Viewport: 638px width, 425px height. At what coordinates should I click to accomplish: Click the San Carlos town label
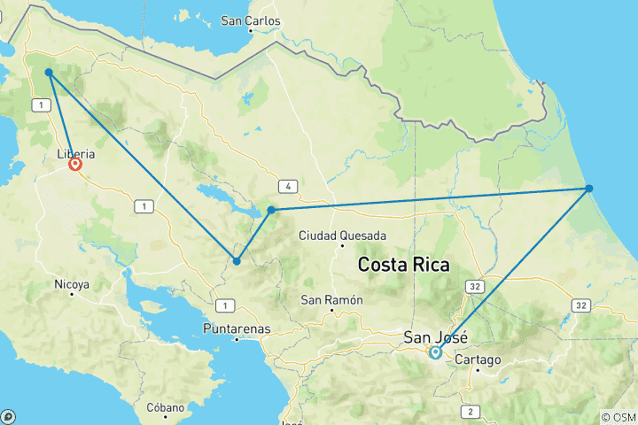[251, 20]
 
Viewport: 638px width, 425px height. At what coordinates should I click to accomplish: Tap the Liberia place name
[75, 152]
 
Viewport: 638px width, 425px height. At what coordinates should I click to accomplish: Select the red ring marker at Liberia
[76, 164]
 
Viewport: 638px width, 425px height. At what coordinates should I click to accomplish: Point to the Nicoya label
[71, 285]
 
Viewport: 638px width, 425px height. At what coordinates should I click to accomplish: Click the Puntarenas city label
[237, 328]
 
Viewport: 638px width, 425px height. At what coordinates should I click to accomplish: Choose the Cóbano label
[166, 408]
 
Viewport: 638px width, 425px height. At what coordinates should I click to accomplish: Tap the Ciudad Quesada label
[342, 236]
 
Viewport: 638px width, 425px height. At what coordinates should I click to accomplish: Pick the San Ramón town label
[331, 299]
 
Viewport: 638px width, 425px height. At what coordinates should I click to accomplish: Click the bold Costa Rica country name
[403, 265]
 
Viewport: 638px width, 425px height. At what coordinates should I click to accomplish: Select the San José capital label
[434, 336]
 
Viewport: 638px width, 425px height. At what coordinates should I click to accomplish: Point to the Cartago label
[478, 360]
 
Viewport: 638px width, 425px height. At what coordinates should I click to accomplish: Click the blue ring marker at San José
[435, 352]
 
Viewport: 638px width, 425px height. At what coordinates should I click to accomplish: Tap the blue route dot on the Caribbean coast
[588, 188]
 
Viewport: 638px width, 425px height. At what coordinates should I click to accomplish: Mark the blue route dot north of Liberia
[49, 73]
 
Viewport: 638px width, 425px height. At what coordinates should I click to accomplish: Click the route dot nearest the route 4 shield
[271, 210]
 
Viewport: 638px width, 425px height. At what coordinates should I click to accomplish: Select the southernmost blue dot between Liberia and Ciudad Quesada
[237, 260]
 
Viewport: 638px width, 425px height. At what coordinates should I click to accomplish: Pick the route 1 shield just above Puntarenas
[228, 305]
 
